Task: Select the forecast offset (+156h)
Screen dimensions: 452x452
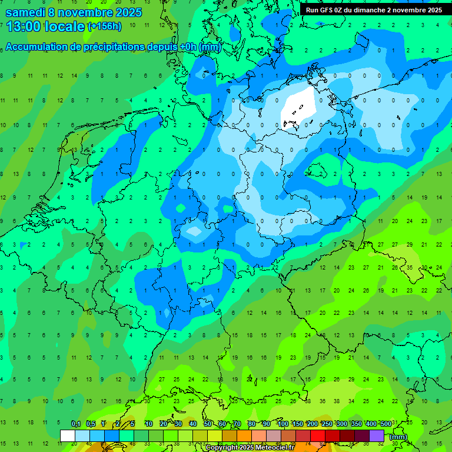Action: point(104,26)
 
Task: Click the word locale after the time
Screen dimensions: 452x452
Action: point(64,26)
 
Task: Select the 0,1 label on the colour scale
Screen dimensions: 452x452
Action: point(76,424)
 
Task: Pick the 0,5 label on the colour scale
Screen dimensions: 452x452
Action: point(91,424)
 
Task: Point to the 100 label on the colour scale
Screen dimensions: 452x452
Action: point(282,424)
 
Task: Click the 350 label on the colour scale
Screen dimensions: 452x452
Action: point(356,424)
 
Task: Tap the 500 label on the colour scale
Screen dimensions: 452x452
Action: point(385,424)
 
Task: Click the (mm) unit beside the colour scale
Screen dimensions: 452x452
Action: point(398,437)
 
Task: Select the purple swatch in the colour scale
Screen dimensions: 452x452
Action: point(377,436)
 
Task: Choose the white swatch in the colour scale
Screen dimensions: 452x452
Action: point(68,436)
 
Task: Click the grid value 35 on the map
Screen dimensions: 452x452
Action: point(410,267)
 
